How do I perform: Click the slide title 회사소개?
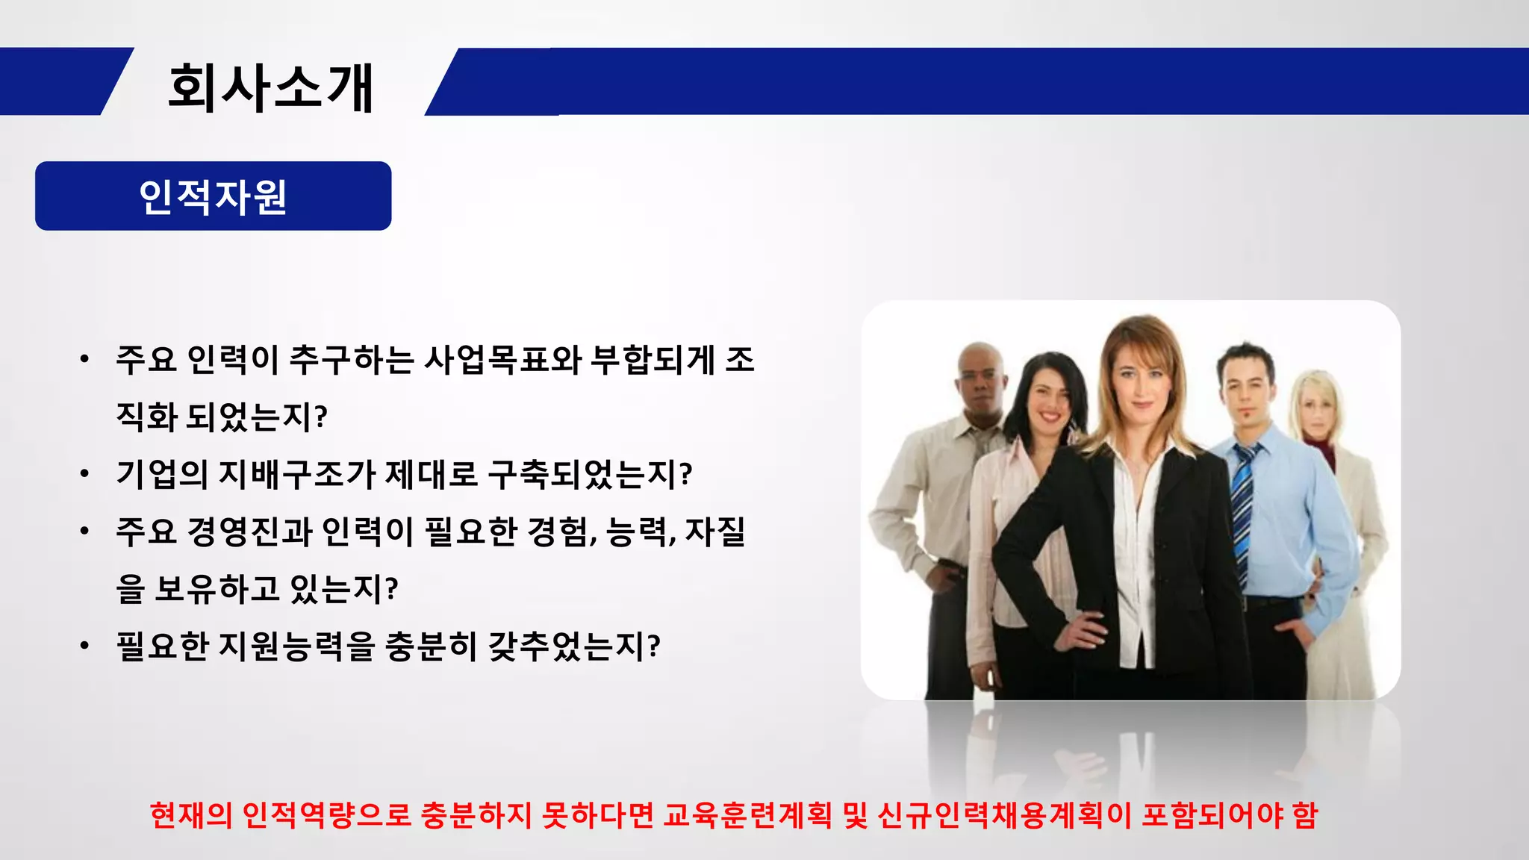[x=270, y=88]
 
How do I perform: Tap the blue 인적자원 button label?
[x=213, y=196]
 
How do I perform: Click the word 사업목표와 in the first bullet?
[x=502, y=360]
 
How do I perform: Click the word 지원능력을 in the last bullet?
[x=296, y=646]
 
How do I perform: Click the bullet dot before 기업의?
[x=85, y=473]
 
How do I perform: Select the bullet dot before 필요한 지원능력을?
[x=85, y=645]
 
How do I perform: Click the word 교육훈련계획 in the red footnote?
[x=747, y=814]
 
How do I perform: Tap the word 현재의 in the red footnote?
[x=191, y=814]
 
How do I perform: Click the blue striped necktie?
[x=1242, y=508]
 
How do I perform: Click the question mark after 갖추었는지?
[x=654, y=646]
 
